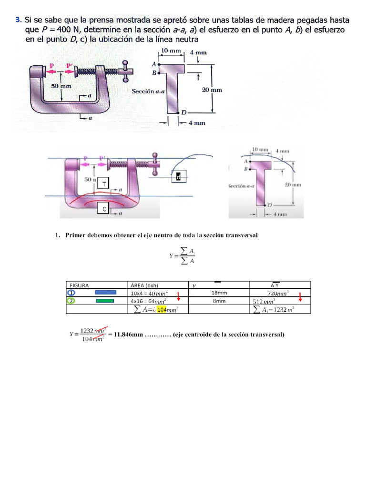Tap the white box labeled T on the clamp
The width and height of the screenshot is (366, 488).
[x=104, y=183]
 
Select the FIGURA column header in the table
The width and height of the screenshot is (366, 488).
[x=80, y=285]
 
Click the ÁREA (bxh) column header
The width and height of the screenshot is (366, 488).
[x=145, y=285]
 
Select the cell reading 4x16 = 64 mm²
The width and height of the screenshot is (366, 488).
[x=148, y=301]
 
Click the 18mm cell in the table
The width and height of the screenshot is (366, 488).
[x=219, y=293]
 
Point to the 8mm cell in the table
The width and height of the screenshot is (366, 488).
[x=219, y=301]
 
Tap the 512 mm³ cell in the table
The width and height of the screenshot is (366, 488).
[x=264, y=302]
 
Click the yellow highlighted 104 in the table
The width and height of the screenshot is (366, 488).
[x=162, y=310]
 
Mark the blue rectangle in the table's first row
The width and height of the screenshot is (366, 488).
[x=105, y=293]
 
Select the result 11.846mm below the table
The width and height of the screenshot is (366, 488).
[x=128, y=335]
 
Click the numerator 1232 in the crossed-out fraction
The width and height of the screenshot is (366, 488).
[x=86, y=330]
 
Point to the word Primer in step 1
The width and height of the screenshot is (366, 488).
[x=75, y=235]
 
